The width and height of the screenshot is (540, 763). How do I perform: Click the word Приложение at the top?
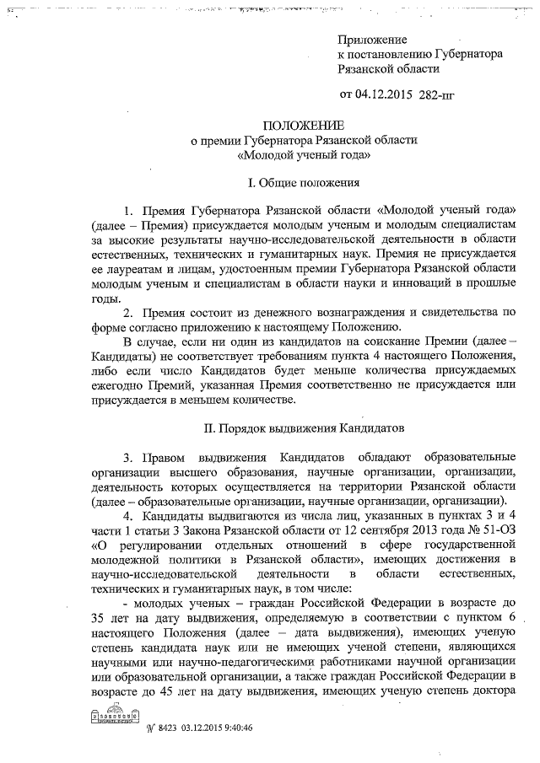point(372,40)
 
